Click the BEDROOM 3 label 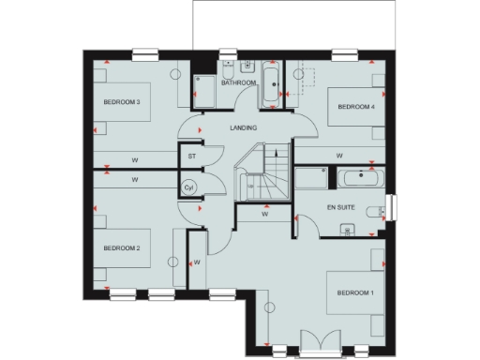click(122, 102)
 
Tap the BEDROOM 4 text click(356, 107)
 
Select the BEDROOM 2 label click(122, 248)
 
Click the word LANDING click(243, 127)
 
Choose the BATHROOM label click(238, 83)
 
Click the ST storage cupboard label click(191, 156)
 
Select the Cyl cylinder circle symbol click(188, 187)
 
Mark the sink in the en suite click(348, 228)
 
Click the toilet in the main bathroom click(246, 67)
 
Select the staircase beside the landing click(261, 173)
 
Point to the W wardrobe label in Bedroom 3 click(135, 157)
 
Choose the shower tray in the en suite click(310, 178)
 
